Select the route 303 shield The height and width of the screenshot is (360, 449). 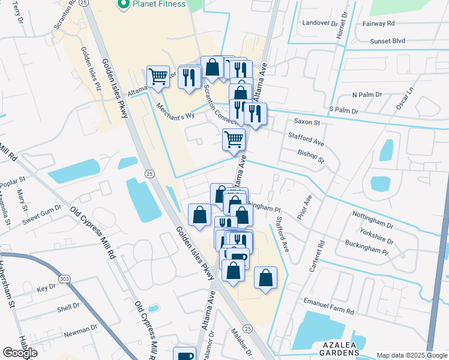click(x=64, y=279)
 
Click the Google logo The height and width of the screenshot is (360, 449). click(x=20, y=353)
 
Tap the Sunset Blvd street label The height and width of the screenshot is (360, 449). click(x=387, y=41)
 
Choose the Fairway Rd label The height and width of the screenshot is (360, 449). click(x=379, y=23)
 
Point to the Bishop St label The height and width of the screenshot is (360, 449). click(x=311, y=157)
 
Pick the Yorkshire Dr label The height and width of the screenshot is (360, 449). click(x=376, y=236)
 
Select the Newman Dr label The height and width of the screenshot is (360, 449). click(x=80, y=330)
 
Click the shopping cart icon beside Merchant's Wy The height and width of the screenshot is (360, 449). click(x=157, y=77)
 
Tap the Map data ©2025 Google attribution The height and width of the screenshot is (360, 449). click(x=412, y=355)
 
